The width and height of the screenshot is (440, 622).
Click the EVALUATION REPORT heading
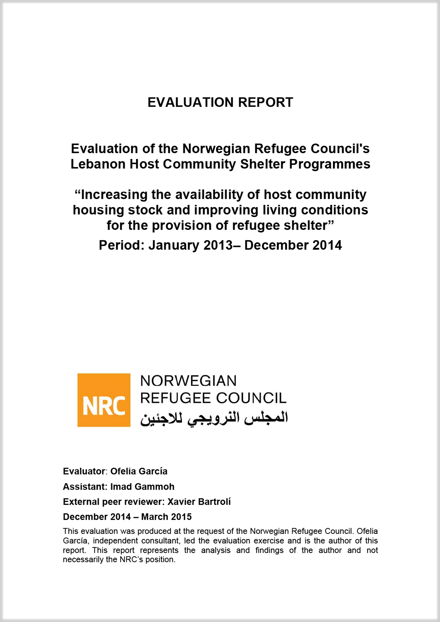220,103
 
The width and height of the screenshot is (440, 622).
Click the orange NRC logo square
104,400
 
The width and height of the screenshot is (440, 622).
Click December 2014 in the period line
293,245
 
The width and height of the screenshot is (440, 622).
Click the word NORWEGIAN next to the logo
188,381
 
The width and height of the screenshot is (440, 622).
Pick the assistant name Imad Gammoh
142,487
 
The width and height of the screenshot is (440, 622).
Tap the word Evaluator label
84,471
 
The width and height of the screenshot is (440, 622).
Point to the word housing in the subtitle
98,210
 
